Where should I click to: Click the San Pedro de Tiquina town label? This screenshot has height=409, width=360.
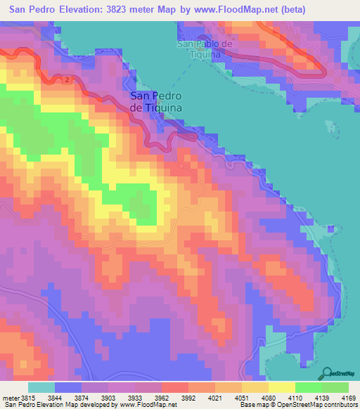tap(156, 101)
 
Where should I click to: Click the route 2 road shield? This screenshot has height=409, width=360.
tap(67, 79)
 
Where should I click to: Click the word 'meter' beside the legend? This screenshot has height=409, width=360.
tap(11, 398)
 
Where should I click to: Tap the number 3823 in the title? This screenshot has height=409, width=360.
tap(137, 10)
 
